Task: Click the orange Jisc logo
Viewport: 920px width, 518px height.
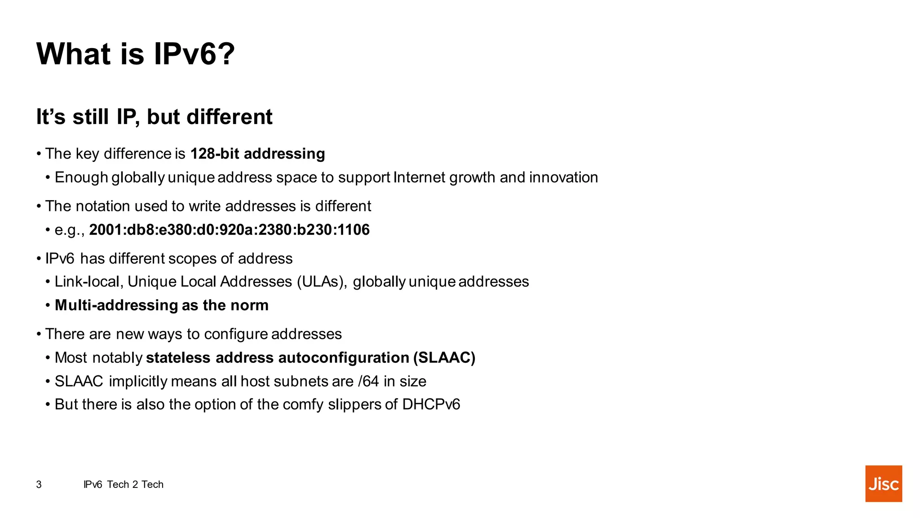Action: tap(883, 483)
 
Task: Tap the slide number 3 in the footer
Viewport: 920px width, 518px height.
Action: tap(39, 484)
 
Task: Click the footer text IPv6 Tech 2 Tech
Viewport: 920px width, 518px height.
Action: tap(124, 484)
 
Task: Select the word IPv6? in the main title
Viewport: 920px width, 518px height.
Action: tap(194, 54)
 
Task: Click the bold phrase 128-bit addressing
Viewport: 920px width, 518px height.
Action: tap(257, 154)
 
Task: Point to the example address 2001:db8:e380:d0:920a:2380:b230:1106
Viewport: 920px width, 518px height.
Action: tap(229, 230)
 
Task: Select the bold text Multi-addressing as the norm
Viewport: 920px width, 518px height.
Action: tap(162, 305)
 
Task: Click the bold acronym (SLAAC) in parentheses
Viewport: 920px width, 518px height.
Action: tap(444, 358)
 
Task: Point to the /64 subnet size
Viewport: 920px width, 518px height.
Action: tap(368, 381)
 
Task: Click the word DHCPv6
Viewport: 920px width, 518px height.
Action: tap(431, 405)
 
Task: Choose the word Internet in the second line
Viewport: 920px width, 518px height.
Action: tap(419, 178)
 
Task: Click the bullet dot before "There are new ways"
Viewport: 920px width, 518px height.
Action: tap(40, 334)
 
